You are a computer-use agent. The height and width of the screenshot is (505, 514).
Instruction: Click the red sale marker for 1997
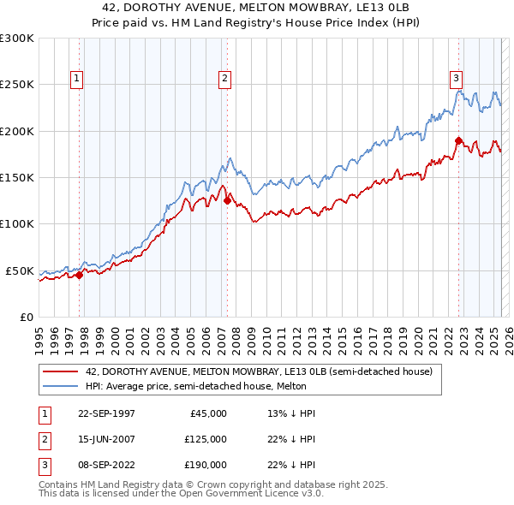80,275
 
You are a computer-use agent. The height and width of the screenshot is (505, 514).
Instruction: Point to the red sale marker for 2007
227,201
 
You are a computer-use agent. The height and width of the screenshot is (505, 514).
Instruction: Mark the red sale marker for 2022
458,140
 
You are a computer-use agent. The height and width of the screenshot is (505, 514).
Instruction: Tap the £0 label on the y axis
26,317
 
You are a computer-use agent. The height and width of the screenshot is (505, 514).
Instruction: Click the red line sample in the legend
60,371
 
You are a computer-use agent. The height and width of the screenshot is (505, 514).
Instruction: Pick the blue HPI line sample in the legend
60,386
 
